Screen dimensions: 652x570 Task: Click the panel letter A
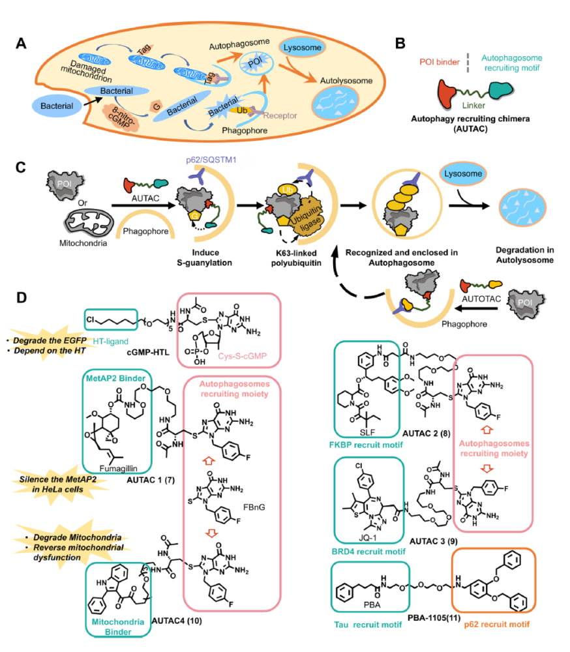click(x=22, y=44)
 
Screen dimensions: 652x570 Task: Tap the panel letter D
click(x=22, y=298)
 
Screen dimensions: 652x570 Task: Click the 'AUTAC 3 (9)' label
click(x=431, y=541)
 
